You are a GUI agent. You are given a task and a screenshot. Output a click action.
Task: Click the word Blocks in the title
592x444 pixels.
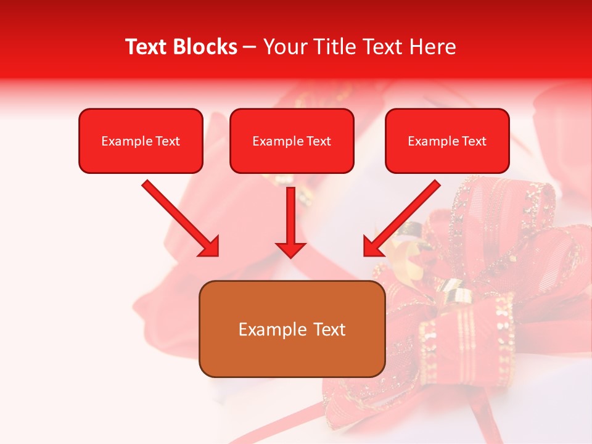coord(205,47)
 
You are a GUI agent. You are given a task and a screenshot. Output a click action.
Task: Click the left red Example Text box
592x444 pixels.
coord(141,141)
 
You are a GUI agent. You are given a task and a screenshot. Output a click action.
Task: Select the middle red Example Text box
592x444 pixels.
coord(292,141)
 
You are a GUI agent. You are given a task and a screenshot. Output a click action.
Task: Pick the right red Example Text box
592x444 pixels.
coord(447,141)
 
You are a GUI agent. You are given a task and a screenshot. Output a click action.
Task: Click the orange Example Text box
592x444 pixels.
coord(292,329)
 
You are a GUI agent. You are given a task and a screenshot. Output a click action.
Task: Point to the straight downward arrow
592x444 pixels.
coord(290,219)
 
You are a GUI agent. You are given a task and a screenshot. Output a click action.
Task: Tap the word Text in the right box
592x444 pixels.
coord(474,141)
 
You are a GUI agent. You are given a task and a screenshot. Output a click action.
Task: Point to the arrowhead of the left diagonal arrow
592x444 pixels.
coord(210,247)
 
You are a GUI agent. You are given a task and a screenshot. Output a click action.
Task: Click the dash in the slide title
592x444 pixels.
coord(250,47)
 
